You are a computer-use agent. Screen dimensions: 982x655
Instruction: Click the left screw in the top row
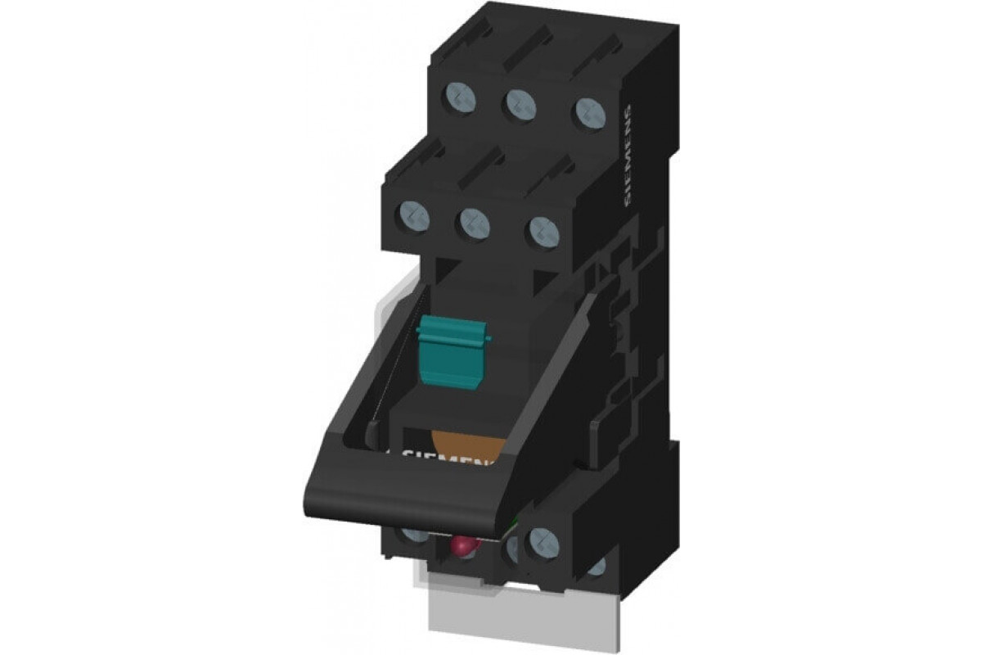pyautogui.click(x=461, y=98)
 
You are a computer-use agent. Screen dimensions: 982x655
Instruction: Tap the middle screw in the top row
pyautogui.click(x=521, y=106)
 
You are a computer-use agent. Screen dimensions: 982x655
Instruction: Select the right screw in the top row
pyautogui.click(x=590, y=112)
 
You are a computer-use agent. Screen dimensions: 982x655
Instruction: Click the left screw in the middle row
pyautogui.click(x=414, y=217)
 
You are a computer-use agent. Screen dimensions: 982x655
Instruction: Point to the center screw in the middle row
pyautogui.click(x=475, y=224)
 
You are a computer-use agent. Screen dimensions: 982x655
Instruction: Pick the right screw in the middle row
pyautogui.click(x=544, y=232)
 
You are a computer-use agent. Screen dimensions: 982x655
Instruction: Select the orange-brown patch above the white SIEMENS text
pyautogui.click(x=466, y=445)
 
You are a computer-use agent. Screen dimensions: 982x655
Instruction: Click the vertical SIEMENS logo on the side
pyautogui.click(x=628, y=155)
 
